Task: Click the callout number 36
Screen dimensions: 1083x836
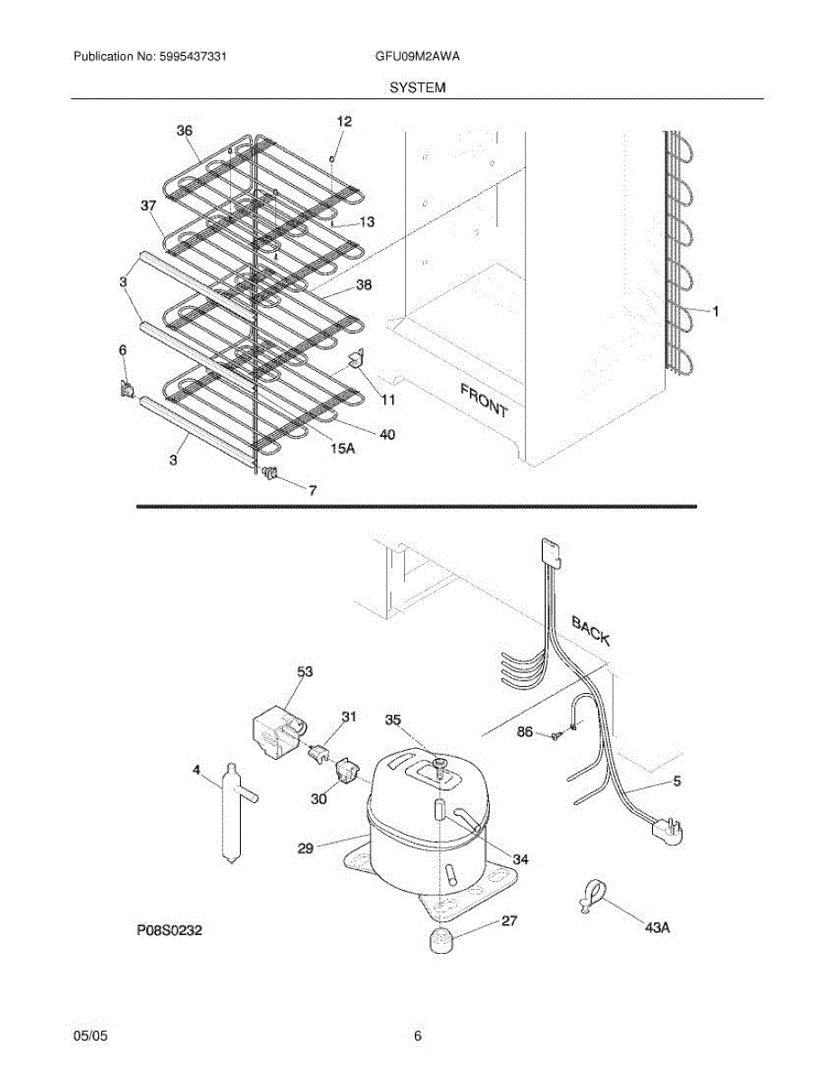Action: tap(184, 131)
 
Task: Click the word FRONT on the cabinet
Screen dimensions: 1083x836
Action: tap(484, 400)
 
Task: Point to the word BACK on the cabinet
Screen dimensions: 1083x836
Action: tap(591, 630)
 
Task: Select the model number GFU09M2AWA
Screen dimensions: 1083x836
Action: tap(418, 56)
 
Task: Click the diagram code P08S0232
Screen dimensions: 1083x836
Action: tap(170, 930)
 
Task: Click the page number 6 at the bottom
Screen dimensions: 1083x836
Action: tap(418, 1036)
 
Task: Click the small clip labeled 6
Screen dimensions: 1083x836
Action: tap(128, 389)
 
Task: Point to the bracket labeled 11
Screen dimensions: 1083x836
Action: tap(356, 359)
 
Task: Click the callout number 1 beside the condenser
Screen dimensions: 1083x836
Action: tap(715, 311)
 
